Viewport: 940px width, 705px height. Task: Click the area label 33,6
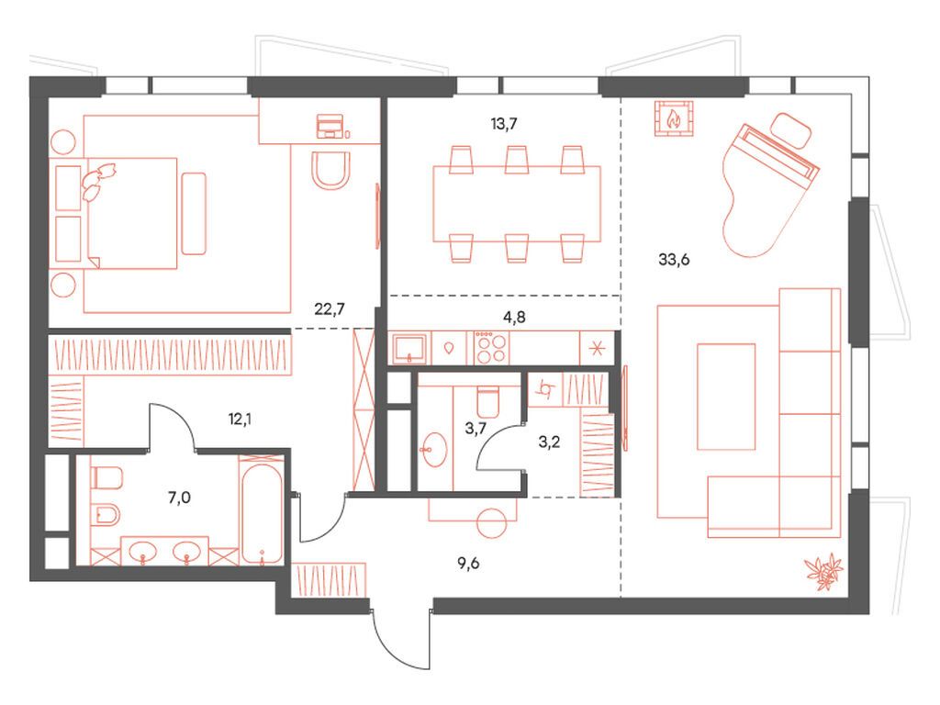coord(674,259)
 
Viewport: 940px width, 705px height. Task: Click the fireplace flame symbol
coord(673,118)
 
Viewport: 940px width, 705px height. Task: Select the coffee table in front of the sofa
coord(725,397)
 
